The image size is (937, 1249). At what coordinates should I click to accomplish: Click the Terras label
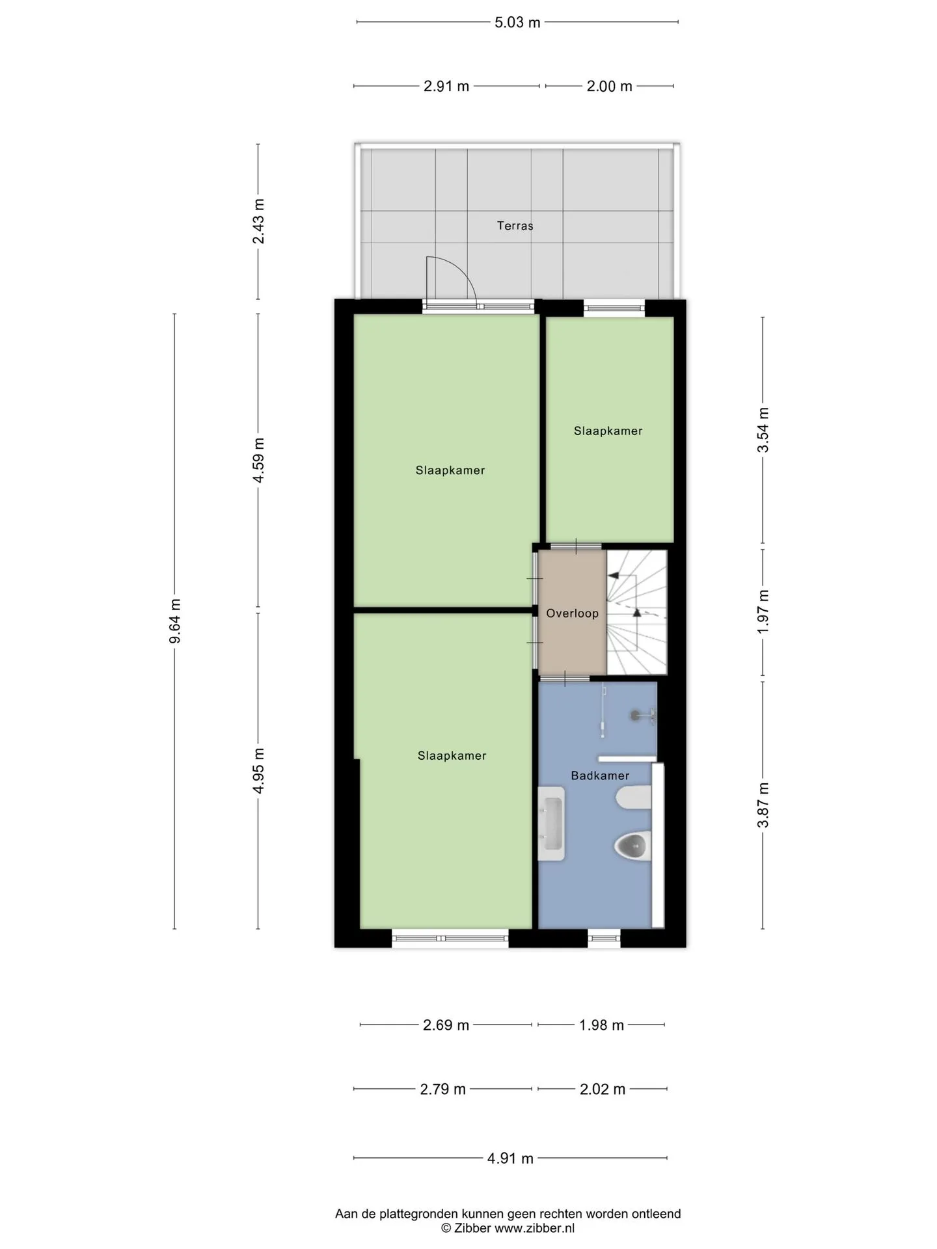(x=515, y=226)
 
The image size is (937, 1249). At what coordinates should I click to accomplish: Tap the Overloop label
(x=572, y=613)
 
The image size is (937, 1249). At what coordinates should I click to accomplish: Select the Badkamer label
(x=600, y=775)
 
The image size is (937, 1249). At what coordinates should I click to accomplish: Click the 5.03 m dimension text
(x=517, y=23)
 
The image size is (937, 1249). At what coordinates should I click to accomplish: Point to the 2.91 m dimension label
(x=446, y=86)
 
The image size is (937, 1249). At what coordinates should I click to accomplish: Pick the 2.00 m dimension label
(x=609, y=86)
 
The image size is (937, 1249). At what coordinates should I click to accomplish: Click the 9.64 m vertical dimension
(x=174, y=621)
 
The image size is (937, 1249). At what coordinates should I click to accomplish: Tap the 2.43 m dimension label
(x=258, y=221)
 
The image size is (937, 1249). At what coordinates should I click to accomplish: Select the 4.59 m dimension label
(x=258, y=460)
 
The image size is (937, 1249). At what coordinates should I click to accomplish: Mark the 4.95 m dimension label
(x=258, y=770)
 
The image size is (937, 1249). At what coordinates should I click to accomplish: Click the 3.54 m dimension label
(x=763, y=430)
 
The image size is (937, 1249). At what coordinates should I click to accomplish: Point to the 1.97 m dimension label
(x=763, y=612)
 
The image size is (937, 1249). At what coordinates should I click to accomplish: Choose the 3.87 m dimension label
(x=763, y=805)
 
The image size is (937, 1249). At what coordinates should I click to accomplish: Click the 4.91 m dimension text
(x=510, y=1158)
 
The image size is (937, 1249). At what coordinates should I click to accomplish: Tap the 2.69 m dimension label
(x=446, y=1025)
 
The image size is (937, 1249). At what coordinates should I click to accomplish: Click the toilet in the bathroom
(x=632, y=846)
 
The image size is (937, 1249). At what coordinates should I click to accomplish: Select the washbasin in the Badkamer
(x=551, y=824)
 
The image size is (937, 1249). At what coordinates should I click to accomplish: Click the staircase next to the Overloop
(x=637, y=612)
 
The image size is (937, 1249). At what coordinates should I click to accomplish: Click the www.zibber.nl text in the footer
(x=534, y=1228)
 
